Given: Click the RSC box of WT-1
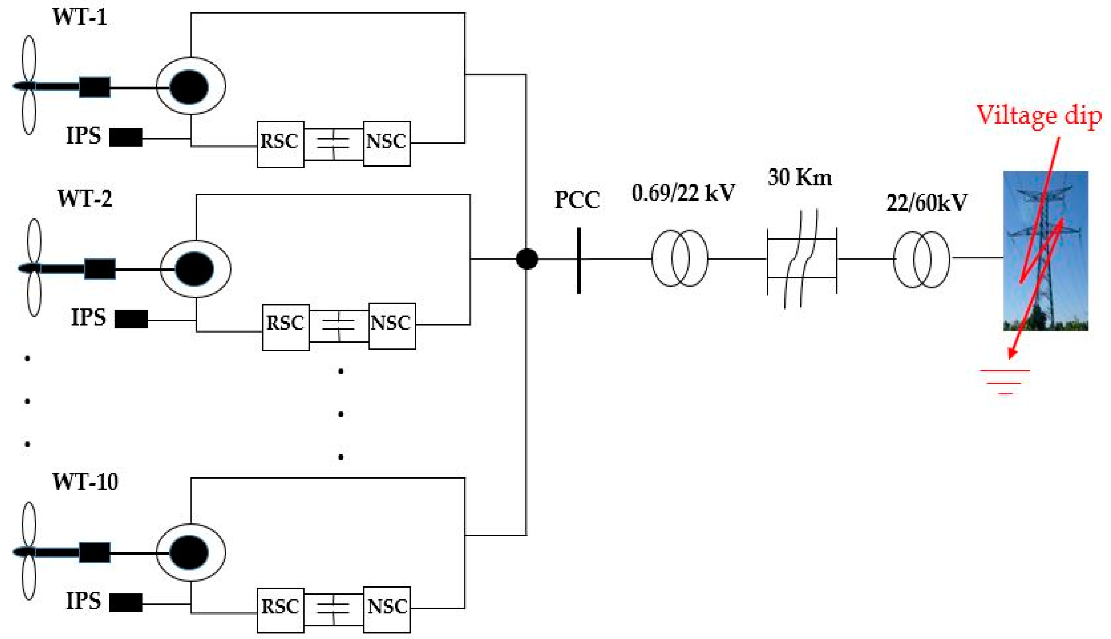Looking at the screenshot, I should point(280,144).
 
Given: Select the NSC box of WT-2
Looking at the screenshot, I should point(392,326).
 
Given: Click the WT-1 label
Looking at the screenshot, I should point(80,17).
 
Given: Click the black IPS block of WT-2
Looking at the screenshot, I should point(131,319).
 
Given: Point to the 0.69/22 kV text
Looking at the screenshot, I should point(683,193).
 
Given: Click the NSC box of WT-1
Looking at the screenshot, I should point(387,143).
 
